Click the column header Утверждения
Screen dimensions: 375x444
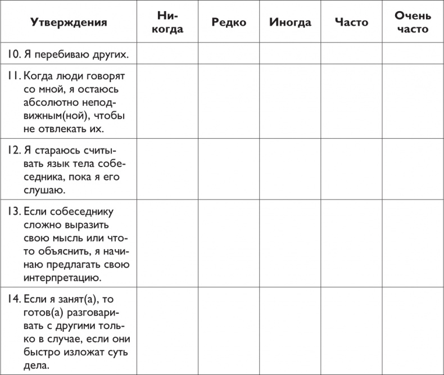(x=69, y=23)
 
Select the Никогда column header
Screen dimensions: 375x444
(x=167, y=23)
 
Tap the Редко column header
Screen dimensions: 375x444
(x=229, y=23)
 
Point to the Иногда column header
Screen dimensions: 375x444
(x=290, y=23)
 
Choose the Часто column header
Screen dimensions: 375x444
(x=351, y=23)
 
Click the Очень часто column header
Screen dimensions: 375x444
(x=413, y=23)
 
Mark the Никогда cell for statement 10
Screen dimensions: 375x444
(x=167, y=55)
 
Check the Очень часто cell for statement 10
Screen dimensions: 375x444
(x=413, y=55)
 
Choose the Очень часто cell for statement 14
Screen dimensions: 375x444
(x=413, y=332)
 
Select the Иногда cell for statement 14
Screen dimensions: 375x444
(x=290, y=332)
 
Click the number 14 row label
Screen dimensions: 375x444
(x=14, y=299)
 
